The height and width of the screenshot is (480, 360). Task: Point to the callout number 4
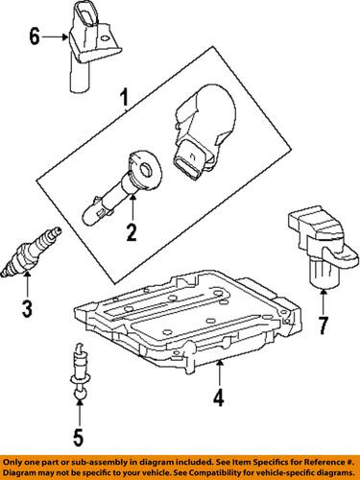[x=218, y=396]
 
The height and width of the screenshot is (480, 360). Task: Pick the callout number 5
[x=79, y=444]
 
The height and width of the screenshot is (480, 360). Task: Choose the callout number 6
[x=34, y=38]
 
